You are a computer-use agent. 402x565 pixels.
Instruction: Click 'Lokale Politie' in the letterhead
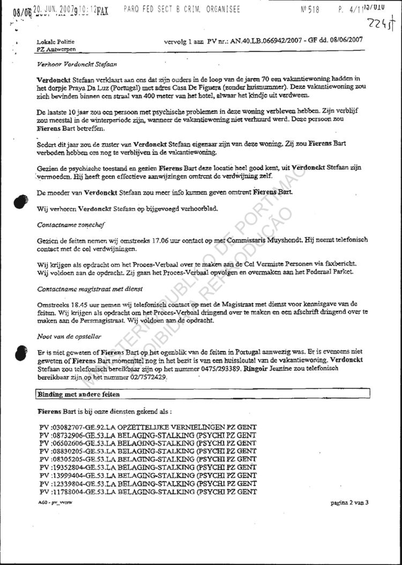pos(55,42)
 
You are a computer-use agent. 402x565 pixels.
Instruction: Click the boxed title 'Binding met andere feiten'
pos(78,394)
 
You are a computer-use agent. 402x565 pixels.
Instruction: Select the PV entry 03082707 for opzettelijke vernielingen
pos(147,427)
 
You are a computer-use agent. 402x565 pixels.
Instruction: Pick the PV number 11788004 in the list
pos(60,492)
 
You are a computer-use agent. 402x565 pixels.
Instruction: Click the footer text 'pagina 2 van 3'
pos(349,503)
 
